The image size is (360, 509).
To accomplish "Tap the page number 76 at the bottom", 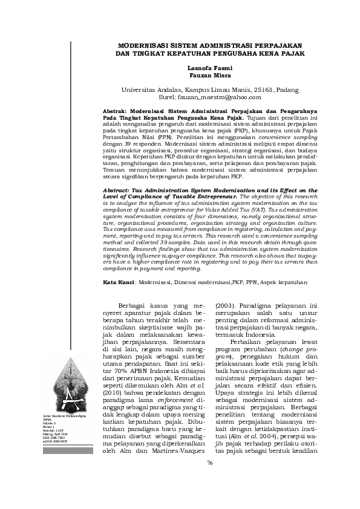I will [x=210, y=480].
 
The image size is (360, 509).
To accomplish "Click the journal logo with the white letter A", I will [x=65, y=387].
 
